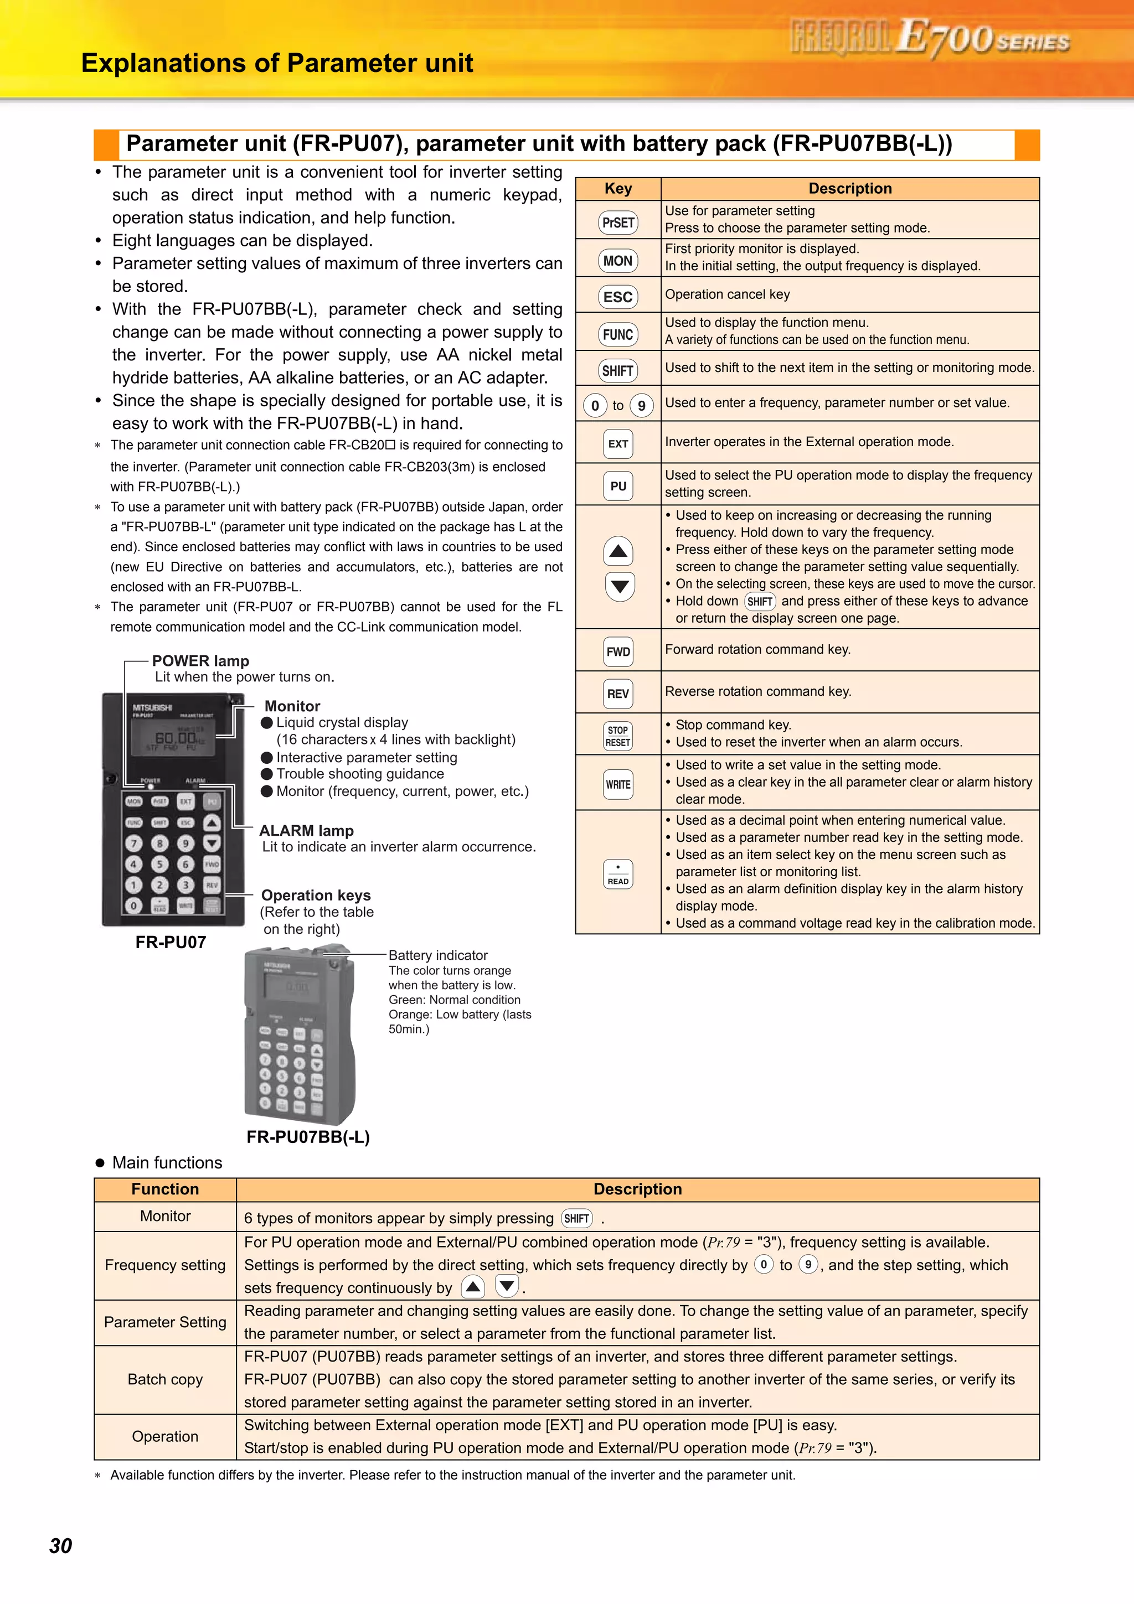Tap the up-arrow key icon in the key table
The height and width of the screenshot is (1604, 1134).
(x=618, y=551)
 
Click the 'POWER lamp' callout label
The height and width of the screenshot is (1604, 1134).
(x=200, y=661)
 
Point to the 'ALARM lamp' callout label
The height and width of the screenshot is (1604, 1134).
(x=306, y=831)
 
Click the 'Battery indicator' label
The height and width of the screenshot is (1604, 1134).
(x=438, y=955)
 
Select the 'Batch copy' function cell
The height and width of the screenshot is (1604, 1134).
(x=166, y=1380)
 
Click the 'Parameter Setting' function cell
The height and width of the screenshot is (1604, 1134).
(x=166, y=1322)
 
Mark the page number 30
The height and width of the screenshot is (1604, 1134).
(x=61, y=1546)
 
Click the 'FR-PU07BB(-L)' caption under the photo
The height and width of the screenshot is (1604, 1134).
(x=308, y=1137)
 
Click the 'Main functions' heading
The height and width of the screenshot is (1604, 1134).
(x=167, y=1162)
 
